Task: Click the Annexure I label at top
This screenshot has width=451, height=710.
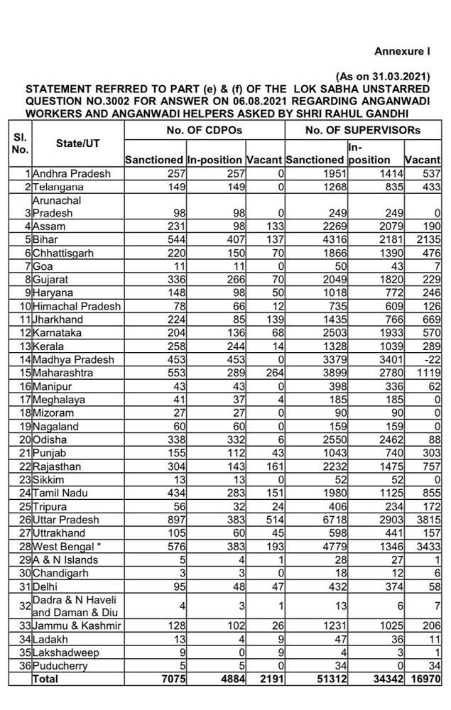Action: click(402, 51)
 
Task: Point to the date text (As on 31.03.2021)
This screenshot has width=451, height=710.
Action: click(382, 77)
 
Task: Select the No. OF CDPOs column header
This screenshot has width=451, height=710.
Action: click(205, 130)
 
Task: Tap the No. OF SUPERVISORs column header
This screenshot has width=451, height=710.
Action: click(362, 130)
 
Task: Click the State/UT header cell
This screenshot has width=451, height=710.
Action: click(77, 143)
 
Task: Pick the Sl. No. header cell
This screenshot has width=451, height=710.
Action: click(20, 143)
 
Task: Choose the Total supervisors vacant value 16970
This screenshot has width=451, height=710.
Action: click(424, 679)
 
